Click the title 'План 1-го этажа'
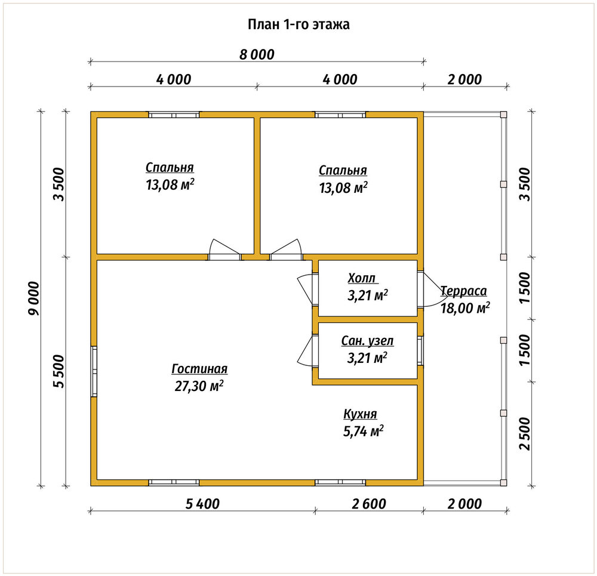[298, 24]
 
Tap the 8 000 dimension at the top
[257, 55]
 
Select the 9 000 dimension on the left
[34, 298]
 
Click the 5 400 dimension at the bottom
[202, 504]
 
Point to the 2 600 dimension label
[369, 504]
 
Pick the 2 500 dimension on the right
[525, 433]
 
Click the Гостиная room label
[199, 369]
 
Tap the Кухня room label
[360, 414]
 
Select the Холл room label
[362, 278]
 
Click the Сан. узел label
[367, 341]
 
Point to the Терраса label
[464, 291]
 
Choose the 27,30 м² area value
[199, 386]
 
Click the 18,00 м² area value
[465, 308]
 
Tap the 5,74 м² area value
[363, 431]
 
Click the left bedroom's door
[224, 250]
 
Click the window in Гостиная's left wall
[94, 371]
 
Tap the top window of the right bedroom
[340, 115]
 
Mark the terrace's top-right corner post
[503, 115]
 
